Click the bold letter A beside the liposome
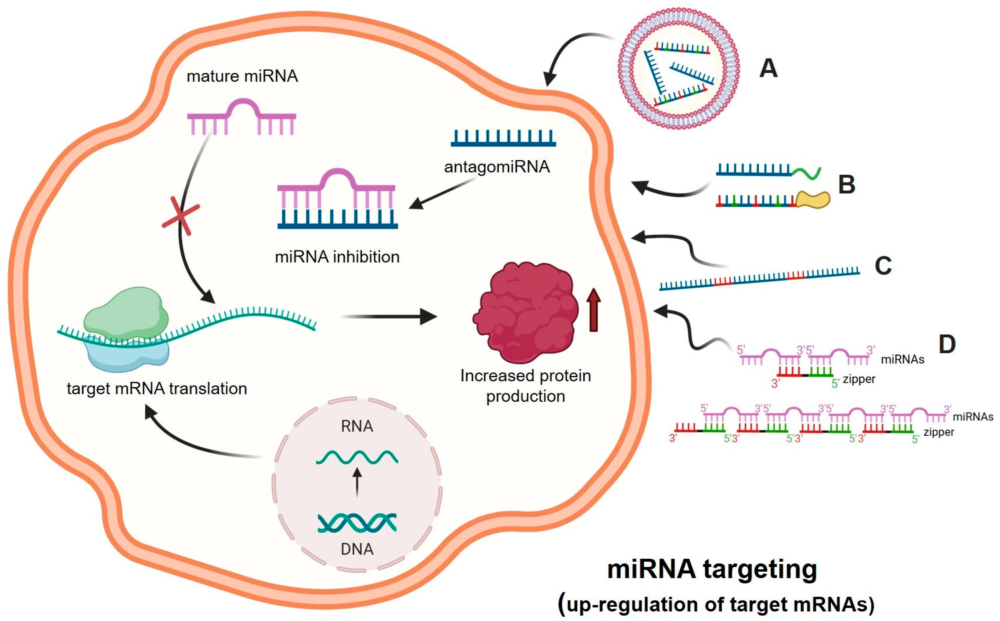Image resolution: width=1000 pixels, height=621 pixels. pos(768,68)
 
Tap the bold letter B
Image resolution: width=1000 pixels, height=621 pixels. pos(846,185)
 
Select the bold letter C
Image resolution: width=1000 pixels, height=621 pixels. pos(883,266)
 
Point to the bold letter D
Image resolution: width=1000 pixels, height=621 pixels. pos(947,344)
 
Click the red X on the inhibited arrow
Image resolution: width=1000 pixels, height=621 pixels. pos(181,216)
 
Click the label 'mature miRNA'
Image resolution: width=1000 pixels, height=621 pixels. pos(242,76)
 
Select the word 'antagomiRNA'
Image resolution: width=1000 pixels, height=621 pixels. pos(497,167)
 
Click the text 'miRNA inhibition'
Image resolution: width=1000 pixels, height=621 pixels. pos(337,257)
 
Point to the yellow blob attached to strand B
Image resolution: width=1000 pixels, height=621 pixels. pos(813,200)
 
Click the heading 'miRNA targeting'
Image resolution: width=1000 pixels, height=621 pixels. pos(712,570)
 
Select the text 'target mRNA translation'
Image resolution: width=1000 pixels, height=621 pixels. pos(157,389)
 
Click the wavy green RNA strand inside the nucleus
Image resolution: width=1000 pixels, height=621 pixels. pos(357,457)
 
